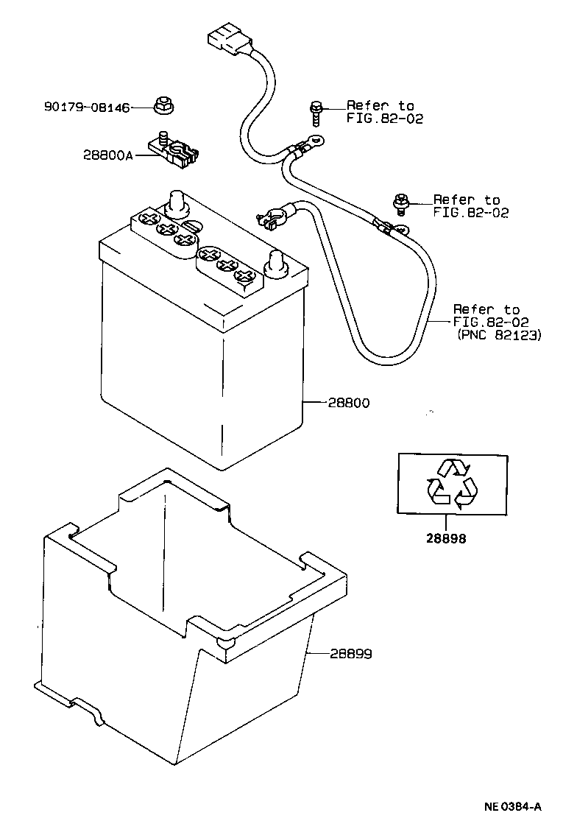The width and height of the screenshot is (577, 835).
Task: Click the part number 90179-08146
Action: click(x=87, y=108)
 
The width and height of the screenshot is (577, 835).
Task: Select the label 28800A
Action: click(x=108, y=155)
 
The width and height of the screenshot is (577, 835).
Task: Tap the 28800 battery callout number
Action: click(x=350, y=403)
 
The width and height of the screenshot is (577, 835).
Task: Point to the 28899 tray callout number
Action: click(x=350, y=653)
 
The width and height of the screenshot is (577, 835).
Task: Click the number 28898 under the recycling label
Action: click(x=445, y=538)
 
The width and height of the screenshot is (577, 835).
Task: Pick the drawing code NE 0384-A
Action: click(x=512, y=807)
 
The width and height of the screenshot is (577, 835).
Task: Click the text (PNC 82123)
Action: click(x=499, y=335)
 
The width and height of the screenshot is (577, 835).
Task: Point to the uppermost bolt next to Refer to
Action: click(x=316, y=112)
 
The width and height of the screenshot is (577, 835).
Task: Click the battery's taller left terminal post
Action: click(x=177, y=202)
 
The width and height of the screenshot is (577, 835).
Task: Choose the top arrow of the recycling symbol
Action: click(x=453, y=467)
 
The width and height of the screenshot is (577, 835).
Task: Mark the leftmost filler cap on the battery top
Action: click(x=147, y=219)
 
